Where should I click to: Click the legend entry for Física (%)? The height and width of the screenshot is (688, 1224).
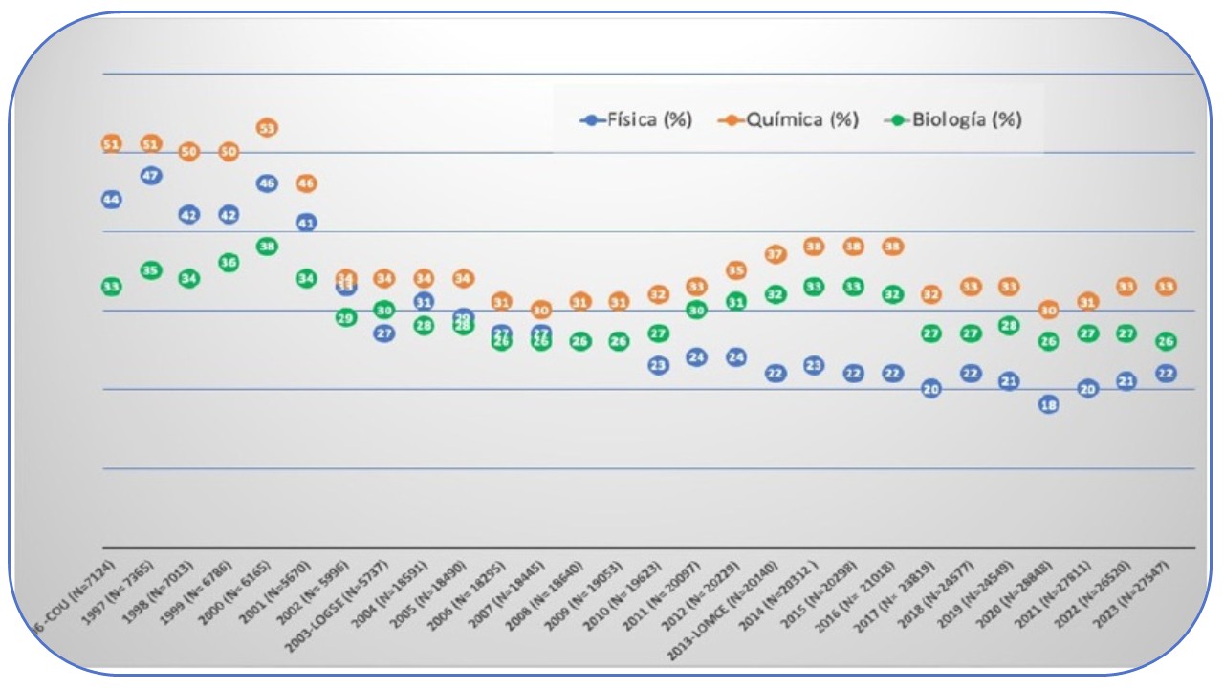pos(636,120)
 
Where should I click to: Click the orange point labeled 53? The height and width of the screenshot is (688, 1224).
pos(267,128)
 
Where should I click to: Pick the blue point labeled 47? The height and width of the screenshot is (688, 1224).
pos(150,176)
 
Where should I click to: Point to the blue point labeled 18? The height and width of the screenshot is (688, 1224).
pos(1048,404)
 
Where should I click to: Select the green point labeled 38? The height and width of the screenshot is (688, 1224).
pos(267,247)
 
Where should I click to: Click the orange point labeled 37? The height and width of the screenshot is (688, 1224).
pos(775,255)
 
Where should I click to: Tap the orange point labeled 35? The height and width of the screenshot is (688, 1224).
pos(735,270)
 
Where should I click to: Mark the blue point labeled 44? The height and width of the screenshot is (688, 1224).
pos(111,199)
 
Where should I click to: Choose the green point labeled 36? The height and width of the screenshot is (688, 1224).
pos(228,262)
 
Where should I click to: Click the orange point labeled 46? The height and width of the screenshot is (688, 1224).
pos(306,183)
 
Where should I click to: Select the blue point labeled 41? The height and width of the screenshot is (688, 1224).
pos(306,223)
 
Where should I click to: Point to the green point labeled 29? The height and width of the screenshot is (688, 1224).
pos(345,317)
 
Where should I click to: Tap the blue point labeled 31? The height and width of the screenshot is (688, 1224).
pos(424,302)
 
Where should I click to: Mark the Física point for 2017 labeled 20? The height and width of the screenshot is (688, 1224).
pos(930,389)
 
